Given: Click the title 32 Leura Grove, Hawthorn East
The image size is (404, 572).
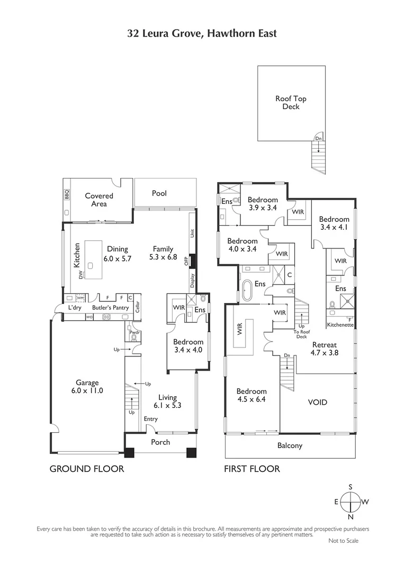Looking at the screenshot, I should (202, 33).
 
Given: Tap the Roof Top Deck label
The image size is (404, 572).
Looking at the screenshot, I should (291, 103).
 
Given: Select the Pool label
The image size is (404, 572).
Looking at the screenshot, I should (159, 193).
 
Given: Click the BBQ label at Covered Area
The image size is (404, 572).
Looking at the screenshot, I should (67, 198).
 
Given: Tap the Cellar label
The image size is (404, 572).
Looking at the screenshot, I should (138, 307).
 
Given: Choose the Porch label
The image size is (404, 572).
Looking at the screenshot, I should (160, 442).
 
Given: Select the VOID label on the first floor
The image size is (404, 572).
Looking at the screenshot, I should (318, 403).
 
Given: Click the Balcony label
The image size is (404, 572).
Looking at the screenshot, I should (290, 445).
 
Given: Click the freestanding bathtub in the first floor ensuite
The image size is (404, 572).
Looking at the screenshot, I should (248, 290).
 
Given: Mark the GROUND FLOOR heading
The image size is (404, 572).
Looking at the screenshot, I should (87, 469).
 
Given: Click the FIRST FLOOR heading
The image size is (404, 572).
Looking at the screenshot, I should (252, 469).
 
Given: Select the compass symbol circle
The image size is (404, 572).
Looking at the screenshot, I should (350, 502).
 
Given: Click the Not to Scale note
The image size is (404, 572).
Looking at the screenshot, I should (343, 541).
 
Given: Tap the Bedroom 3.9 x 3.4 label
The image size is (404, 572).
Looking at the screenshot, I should (262, 204).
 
